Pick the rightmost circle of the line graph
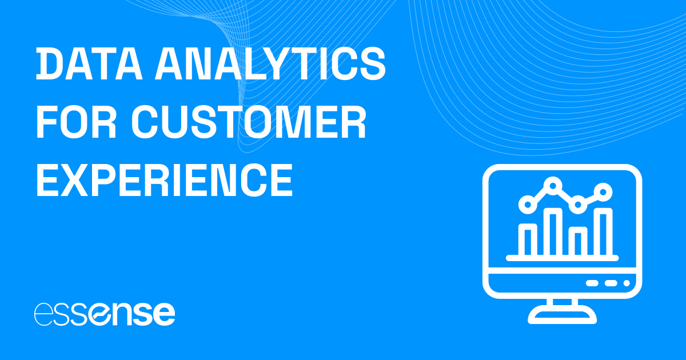pos(603,190)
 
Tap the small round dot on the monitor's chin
pos(626,283)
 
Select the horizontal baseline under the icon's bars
pos(562,258)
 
